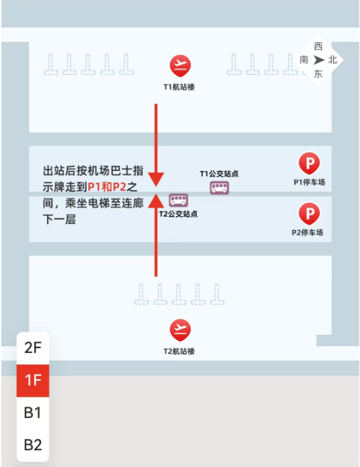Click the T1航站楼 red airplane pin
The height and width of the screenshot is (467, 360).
point(180,66)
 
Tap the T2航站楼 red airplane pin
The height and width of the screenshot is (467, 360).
point(180,330)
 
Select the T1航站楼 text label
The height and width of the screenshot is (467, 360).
point(179,87)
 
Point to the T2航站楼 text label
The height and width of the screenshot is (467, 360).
point(179,352)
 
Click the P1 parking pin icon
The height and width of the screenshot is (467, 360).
point(310,163)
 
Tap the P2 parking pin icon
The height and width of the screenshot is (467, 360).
point(310,213)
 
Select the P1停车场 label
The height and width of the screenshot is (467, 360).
point(310,183)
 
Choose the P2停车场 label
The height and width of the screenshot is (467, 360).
point(307,233)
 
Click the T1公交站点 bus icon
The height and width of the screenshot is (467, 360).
point(220,188)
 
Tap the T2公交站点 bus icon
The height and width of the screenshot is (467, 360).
point(178,200)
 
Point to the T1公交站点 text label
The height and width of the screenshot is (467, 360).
point(219,174)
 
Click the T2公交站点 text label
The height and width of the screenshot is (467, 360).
point(178,214)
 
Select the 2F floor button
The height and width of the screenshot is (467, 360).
point(33,348)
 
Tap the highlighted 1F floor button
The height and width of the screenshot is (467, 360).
point(33,380)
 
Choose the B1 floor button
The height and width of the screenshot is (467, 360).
point(33,413)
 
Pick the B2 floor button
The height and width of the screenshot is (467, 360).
point(33,445)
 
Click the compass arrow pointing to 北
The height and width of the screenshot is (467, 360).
point(318,60)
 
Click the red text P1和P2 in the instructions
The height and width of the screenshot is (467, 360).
point(107,187)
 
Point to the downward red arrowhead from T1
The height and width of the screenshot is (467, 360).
point(156,179)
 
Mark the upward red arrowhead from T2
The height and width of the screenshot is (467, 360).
point(156,201)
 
